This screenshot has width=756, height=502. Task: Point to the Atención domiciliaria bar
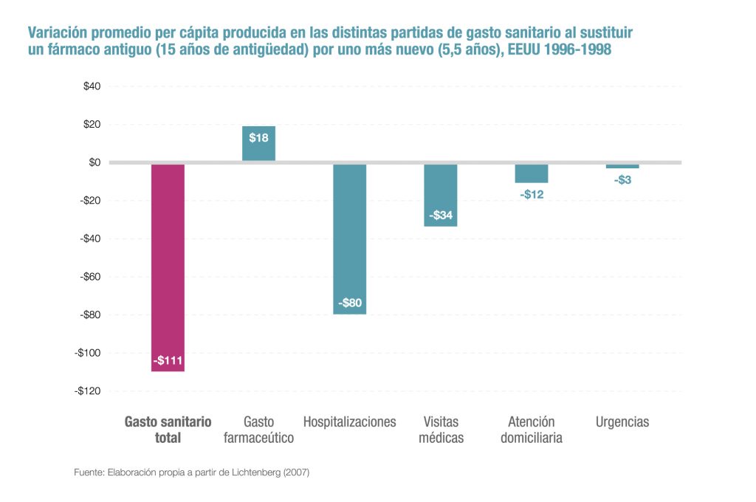(532, 173)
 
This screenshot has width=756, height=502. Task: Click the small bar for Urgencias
(622, 166)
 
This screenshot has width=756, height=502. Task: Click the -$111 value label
(168, 361)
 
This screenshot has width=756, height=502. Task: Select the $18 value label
(258, 137)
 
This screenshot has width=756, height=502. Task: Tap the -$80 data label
(350, 303)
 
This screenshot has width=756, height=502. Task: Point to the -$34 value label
(441, 216)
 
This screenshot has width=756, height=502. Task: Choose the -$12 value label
(532, 194)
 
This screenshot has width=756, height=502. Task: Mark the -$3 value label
(622, 179)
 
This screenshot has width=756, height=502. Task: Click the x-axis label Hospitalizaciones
(349, 422)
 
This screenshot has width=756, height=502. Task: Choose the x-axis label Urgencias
(622, 422)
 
